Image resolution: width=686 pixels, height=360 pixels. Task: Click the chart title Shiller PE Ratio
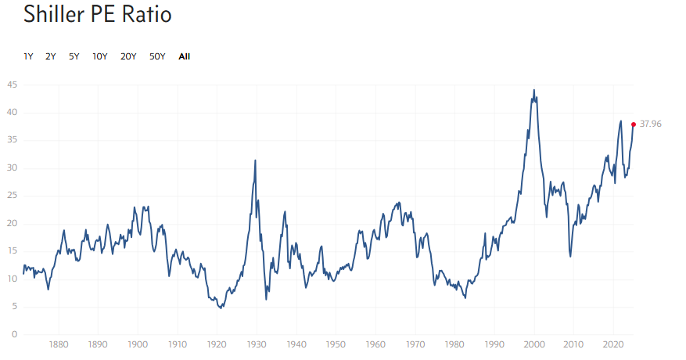97,15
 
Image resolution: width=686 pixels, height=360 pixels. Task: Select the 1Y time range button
28,56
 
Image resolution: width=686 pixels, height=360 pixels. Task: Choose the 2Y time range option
51,56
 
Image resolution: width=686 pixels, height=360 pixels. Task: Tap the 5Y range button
74,56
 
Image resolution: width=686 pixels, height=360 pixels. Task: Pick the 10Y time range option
100,56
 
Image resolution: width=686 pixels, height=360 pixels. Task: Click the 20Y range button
128,56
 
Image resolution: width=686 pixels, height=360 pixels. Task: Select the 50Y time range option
157,56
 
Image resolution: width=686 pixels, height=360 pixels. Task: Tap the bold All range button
184,56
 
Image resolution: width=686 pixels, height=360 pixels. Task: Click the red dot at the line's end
634,124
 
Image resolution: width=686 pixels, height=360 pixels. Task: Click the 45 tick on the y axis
13,85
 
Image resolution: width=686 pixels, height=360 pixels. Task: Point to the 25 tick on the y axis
13,196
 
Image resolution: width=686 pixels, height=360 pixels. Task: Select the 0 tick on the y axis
15,334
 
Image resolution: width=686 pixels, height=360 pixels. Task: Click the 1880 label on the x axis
58,344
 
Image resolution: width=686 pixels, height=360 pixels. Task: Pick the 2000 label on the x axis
534,344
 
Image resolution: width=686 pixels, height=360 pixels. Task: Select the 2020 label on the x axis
613,344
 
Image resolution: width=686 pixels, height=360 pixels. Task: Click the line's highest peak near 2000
534,90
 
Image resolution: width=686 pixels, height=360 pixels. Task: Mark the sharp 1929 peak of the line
255,160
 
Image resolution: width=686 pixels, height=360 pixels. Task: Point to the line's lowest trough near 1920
221,308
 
